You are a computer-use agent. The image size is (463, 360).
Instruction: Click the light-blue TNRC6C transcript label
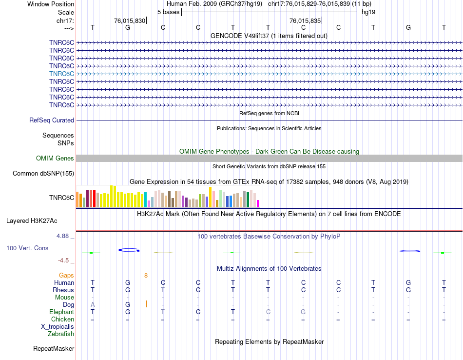[x=61, y=74]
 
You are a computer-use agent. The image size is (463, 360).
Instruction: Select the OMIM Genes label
[x=55, y=159]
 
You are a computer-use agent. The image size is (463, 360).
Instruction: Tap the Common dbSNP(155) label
[x=43, y=174]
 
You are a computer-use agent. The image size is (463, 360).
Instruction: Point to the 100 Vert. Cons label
[x=27, y=248]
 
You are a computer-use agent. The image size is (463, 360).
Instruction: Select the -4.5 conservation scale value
[x=66, y=260]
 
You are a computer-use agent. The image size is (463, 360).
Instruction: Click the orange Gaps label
[x=66, y=276]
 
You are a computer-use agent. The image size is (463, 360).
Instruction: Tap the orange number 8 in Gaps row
[x=146, y=276]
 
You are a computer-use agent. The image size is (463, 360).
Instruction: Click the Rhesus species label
[x=63, y=290]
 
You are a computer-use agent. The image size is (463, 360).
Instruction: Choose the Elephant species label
[x=61, y=312]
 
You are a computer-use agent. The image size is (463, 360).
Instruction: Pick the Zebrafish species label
[x=61, y=334]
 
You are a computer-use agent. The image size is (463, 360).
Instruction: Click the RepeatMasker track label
[x=54, y=349]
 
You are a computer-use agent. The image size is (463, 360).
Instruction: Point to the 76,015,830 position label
[x=129, y=21]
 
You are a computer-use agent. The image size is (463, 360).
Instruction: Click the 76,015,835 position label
[x=305, y=21]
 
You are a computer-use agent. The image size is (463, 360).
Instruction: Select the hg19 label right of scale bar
[x=368, y=12]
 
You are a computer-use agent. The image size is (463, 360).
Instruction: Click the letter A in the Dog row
[x=93, y=305]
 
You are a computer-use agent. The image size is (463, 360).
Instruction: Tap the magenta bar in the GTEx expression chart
[x=258, y=203]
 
